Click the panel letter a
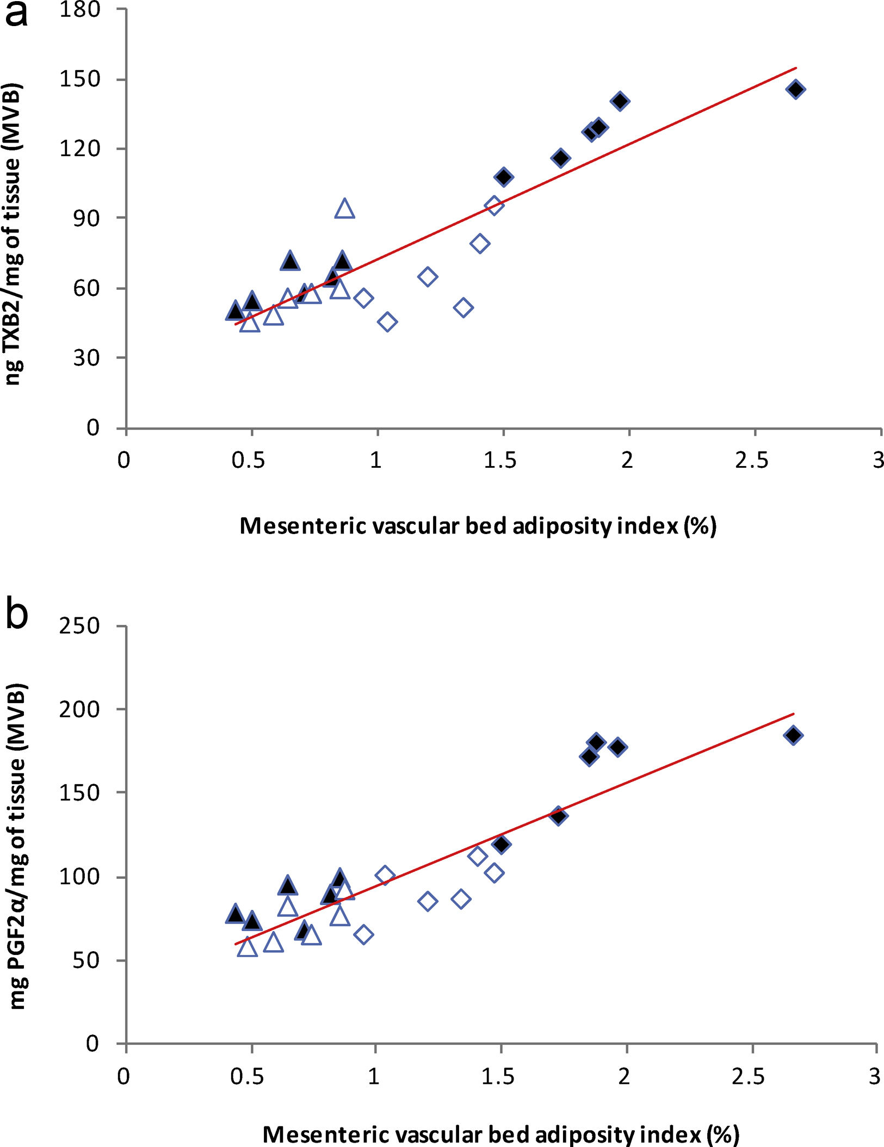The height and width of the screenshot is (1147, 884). tap(16, 13)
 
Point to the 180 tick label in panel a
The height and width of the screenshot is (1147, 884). tap(79, 9)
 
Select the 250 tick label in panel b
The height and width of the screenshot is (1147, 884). tap(79, 626)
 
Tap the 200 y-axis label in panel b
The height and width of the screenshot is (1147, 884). tap(79, 709)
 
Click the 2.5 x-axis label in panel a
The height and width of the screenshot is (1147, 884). tap(752, 461)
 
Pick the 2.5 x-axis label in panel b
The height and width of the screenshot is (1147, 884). tap(749, 1077)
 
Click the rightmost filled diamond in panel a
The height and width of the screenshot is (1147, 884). tap(795, 89)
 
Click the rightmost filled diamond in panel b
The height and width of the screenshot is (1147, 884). tap(793, 735)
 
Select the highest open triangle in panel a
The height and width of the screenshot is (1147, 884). tap(345, 209)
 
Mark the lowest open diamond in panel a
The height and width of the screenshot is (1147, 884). tap(387, 322)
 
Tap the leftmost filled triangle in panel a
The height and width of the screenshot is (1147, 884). tap(235, 311)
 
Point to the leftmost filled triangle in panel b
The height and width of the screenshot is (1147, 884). tap(235, 914)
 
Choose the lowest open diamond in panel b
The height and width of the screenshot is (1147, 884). tap(363, 934)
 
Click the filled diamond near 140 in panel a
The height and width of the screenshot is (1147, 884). tap(620, 101)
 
